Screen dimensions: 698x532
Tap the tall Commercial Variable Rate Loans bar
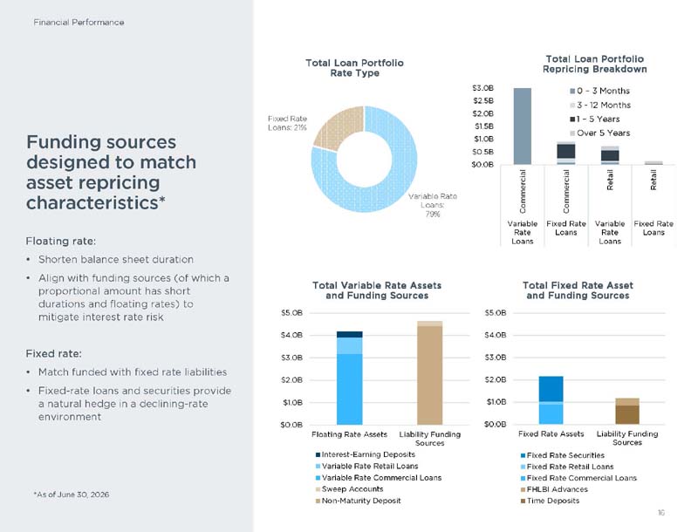[x=522, y=126]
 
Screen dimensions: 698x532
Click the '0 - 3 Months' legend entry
[x=599, y=91]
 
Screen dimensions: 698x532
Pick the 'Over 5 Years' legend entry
[x=599, y=133]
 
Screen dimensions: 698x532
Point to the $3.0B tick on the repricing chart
[x=483, y=88]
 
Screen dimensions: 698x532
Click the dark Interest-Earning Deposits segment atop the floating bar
[x=350, y=335]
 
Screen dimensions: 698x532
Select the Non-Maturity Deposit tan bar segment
[x=429, y=375]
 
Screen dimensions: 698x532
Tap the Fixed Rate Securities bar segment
[x=551, y=389]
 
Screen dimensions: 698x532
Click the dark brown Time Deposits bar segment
[x=627, y=414]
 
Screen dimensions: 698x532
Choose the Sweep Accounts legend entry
[x=350, y=489]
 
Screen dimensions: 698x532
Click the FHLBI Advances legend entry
[x=554, y=489]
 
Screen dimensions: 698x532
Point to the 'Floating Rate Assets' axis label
[x=350, y=434]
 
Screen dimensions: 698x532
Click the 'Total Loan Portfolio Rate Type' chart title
[x=354, y=68]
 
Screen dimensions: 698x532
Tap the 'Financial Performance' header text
[x=79, y=23]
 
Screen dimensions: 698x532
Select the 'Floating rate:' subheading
[x=61, y=241]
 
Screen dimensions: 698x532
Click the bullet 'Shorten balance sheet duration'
[x=116, y=259]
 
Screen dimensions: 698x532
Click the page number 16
[x=661, y=513]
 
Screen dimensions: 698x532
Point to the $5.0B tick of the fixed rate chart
[x=496, y=313]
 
